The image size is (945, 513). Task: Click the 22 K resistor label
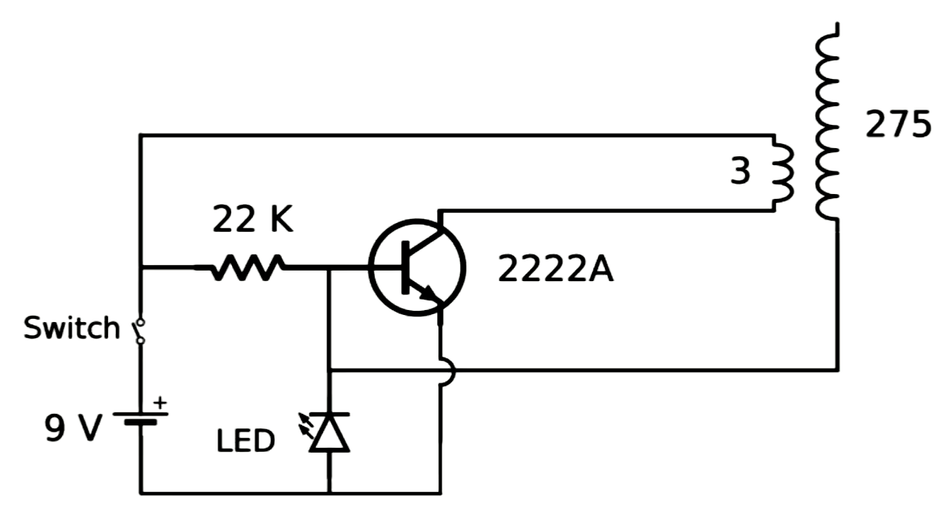[252, 219]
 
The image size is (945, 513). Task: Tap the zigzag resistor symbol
[247, 267]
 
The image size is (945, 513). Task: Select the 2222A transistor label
[555, 269]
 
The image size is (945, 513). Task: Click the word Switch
[72, 328]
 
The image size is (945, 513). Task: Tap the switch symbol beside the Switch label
[140, 331]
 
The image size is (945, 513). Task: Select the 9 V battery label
[73, 428]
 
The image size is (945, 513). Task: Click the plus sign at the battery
[160, 403]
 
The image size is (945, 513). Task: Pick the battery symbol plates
[140, 418]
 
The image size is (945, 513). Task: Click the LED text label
[245, 441]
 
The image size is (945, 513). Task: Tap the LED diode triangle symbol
[329, 432]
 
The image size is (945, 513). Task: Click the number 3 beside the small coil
[740, 171]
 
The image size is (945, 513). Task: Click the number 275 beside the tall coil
[898, 126]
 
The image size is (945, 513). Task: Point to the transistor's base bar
[405, 267]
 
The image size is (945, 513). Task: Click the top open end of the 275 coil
[837, 24]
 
